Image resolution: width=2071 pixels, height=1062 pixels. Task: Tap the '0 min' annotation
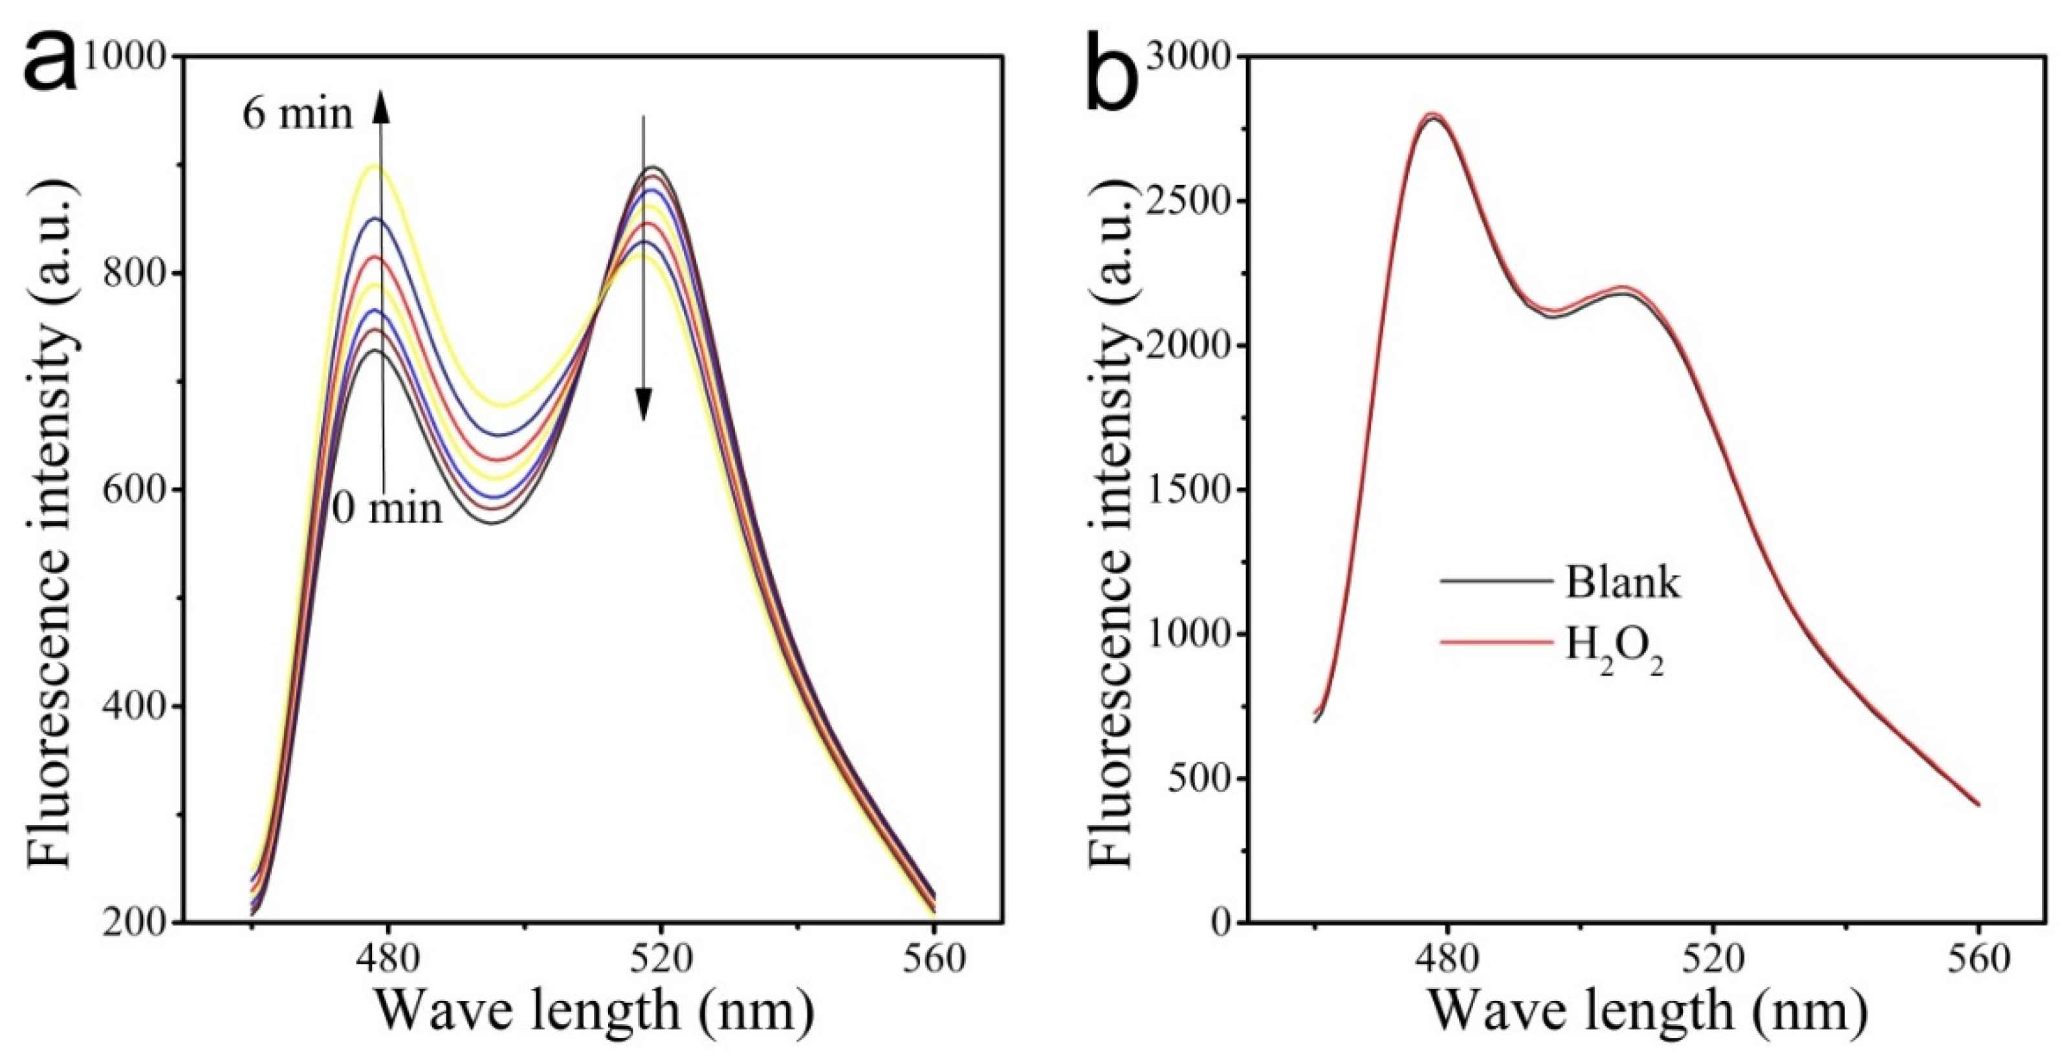coord(388,508)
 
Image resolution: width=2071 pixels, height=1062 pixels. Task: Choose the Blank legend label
coord(1623,582)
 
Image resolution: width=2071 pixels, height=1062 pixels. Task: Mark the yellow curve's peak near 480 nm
coord(375,166)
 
